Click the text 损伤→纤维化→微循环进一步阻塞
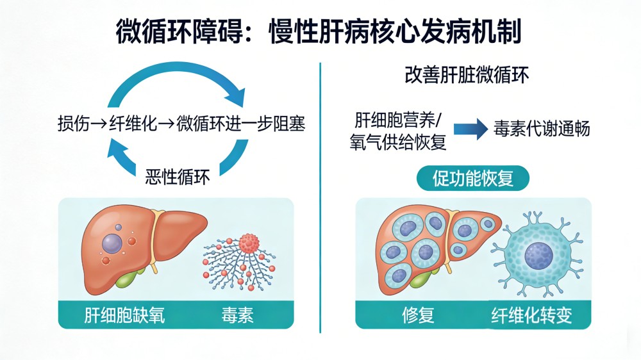click(180, 123)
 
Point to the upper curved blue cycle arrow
click(178, 76)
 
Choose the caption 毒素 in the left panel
click(238, 315)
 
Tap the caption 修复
click(419, 315)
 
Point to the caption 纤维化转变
click(531, 315)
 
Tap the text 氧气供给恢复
click(397, 142)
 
